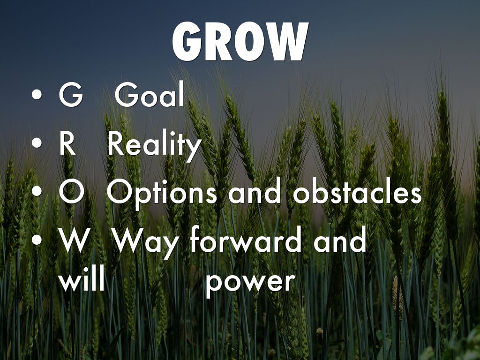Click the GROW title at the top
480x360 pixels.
click(x=240, y=42)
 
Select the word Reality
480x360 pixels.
click(x=154, y=146)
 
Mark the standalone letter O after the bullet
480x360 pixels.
click(x=71, y=193)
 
